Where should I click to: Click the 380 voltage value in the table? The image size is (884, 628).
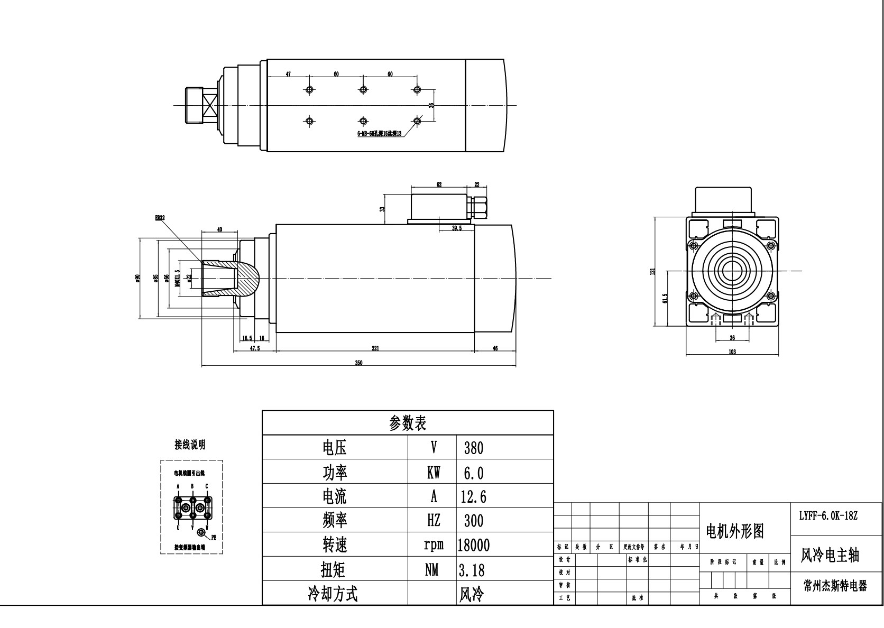473,448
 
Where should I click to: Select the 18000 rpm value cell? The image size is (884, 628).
473,545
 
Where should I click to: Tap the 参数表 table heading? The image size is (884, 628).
408,423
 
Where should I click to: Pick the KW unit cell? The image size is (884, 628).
433,472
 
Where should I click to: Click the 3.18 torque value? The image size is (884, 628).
472,570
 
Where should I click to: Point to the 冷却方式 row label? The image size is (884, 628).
333,594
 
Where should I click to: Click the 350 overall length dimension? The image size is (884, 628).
358,363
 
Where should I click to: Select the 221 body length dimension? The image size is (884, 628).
375,348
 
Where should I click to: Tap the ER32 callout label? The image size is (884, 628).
160,217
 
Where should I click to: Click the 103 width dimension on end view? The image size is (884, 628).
732,352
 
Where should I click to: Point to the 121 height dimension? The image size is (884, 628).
653,271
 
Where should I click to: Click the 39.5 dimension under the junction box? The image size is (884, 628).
457,228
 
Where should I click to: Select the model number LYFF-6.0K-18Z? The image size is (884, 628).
828,515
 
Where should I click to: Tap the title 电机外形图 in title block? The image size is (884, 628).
735,531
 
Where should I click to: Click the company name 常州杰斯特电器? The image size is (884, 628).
835,586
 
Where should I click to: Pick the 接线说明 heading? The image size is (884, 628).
190,445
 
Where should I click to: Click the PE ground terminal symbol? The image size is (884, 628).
201,532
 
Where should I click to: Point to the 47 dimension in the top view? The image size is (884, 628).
288,75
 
